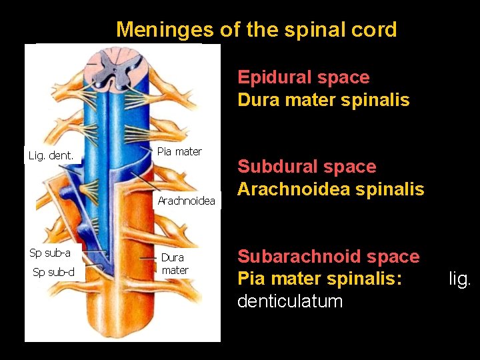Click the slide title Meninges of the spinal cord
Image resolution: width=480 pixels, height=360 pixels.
point(256,29)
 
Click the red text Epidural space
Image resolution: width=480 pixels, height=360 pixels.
point(303,77)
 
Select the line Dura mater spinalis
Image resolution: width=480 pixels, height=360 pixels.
point(323,100)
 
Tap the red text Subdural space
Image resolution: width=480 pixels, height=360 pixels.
point(307,167)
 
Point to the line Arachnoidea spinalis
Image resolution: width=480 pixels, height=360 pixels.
point(331,189)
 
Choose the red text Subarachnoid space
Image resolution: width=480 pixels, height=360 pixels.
point(329,257)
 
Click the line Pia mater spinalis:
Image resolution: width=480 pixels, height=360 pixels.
point(320,279)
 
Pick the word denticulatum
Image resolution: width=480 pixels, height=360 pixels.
point(290,301)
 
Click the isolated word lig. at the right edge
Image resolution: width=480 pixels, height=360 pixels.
point(460,279)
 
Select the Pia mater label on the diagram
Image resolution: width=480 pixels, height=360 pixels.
point(179,152)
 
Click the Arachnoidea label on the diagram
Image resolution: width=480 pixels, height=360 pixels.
point(186,201)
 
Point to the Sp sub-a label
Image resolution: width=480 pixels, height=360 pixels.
point(50,253)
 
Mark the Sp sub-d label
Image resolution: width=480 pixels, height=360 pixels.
point(54,271)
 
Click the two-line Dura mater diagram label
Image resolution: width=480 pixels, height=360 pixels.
point(174,263)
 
